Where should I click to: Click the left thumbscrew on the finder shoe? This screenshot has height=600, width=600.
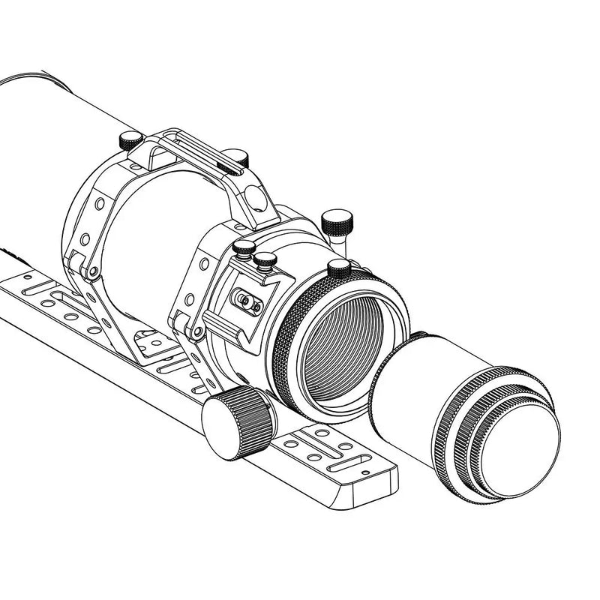pos(244,248)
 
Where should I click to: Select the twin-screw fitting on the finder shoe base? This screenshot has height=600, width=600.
pos(246,300)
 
